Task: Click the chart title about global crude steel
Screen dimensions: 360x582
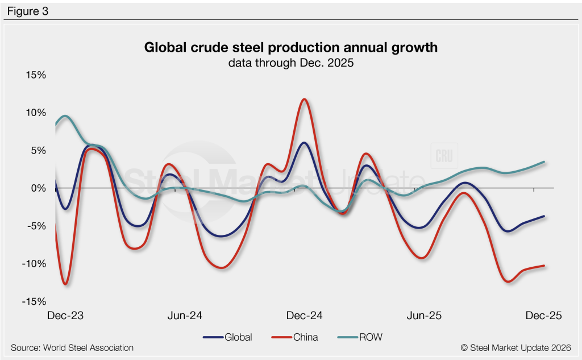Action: [x=291, y=47]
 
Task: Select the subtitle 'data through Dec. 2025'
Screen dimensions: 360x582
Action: [x=291, y=63]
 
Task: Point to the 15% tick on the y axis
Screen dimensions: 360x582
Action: [x=35, y=75]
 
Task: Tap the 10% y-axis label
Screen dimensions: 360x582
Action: [x=35, y=113]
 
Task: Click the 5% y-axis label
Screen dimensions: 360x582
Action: [x=37, y=151]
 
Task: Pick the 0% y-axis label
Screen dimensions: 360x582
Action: [x=37, y=188]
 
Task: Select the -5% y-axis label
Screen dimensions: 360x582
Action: [x=36, y=226]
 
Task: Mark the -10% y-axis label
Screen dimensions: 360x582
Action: [x=34, y=264]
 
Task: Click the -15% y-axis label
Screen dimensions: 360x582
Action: [x=34, y=301]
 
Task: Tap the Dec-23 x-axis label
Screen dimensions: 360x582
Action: [x=65, y=316]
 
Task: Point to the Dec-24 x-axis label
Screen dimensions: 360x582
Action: [x=305, y=316]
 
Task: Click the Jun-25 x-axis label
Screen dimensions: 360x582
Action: [x=425, y=316]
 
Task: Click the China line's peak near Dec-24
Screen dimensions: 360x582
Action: [x=305, y=100]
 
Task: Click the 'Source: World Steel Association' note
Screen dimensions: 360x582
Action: [x=72, y=347]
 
